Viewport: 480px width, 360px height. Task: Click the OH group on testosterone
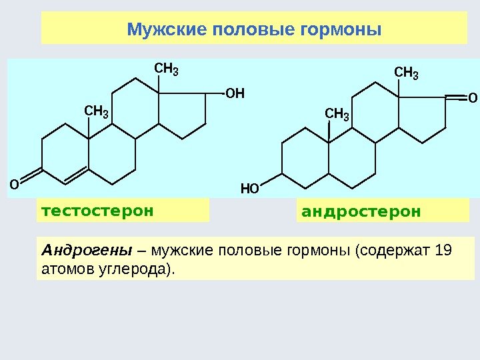[235, 93]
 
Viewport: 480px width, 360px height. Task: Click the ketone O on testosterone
[13, 182]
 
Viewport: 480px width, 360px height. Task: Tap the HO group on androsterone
[249, 189]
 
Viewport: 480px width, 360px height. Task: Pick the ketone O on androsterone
[473, 98]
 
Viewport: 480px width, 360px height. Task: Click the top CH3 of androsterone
[407, 72]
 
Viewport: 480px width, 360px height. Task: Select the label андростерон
[361, 212]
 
